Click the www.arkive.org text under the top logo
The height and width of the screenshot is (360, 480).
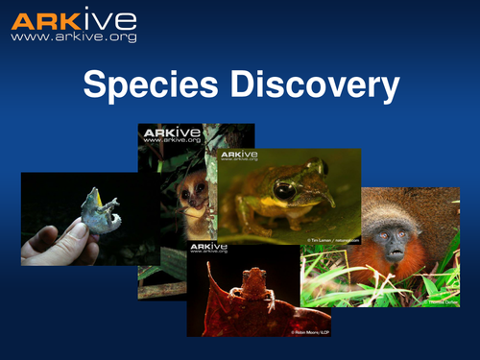(73, 38)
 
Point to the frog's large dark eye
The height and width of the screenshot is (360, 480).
(284, 189)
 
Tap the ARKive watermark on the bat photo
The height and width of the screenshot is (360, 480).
(209, 251)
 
